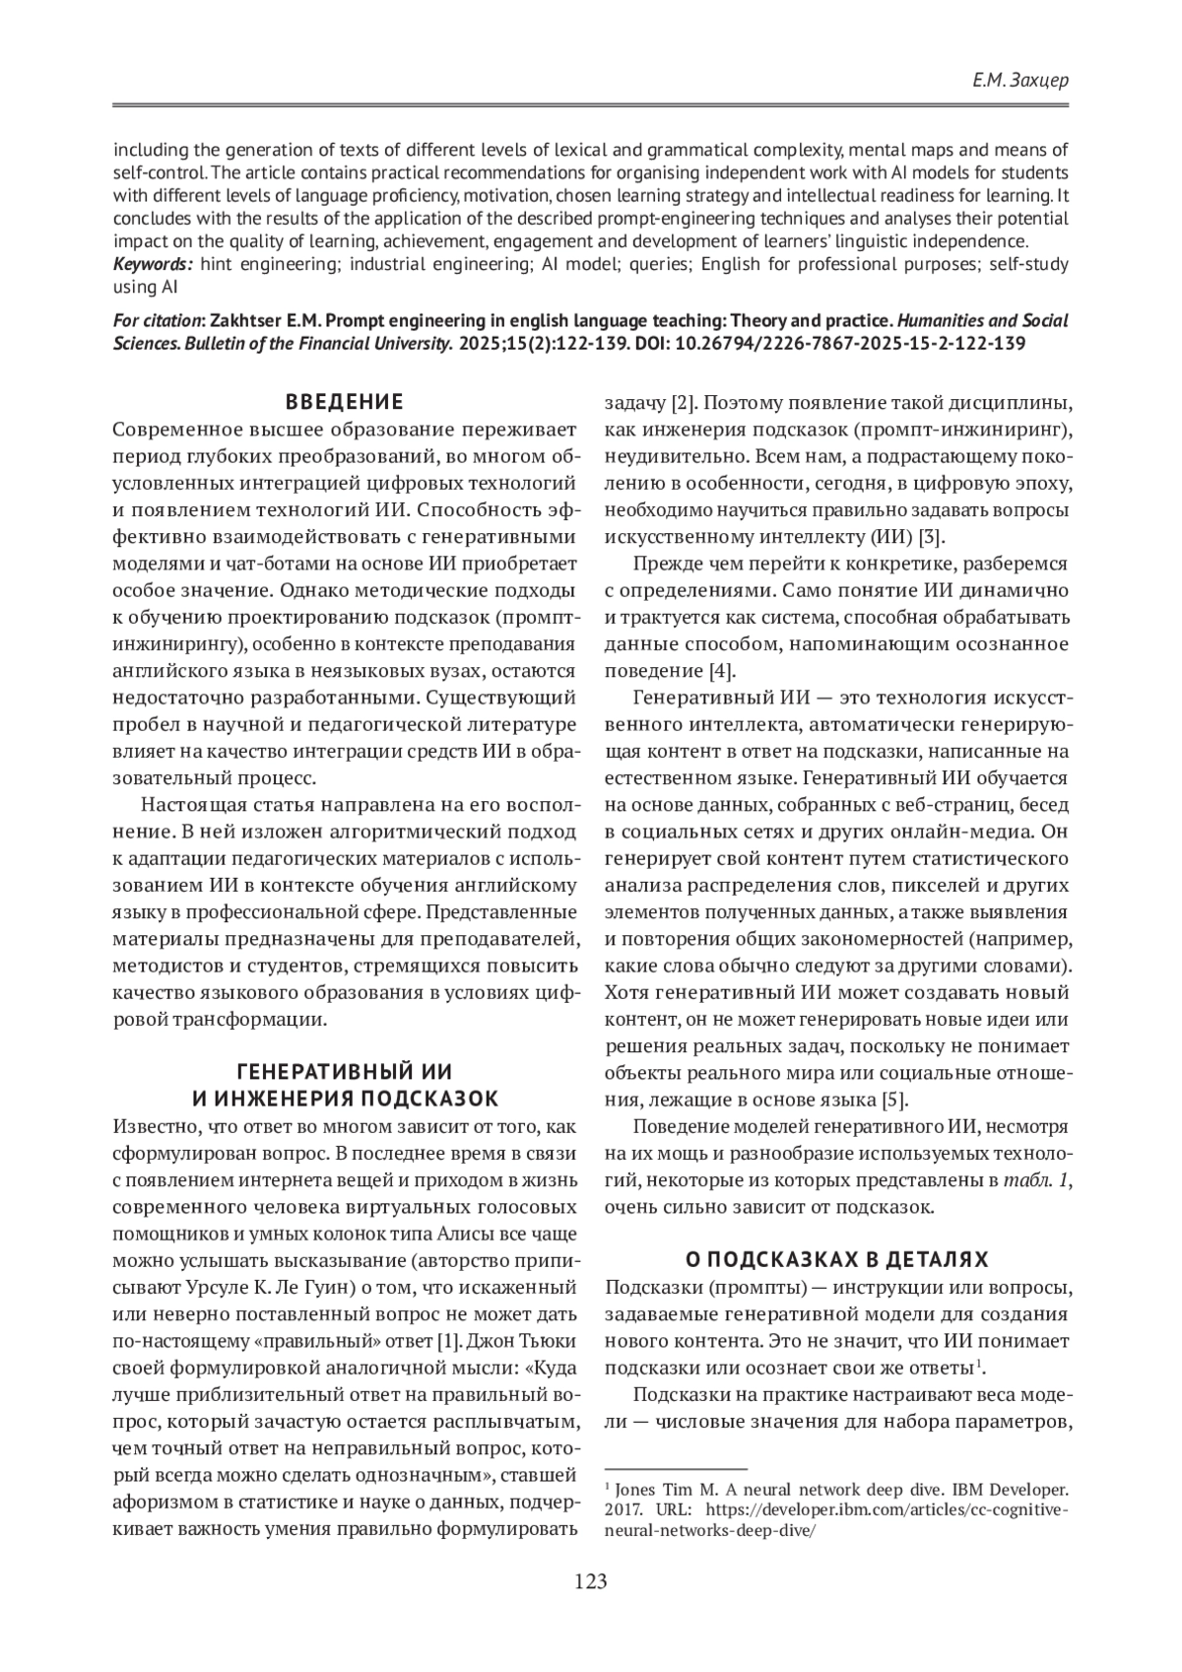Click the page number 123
591,1582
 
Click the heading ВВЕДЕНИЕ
344,402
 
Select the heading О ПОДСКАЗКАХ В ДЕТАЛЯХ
836,1259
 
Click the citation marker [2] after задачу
684,403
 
